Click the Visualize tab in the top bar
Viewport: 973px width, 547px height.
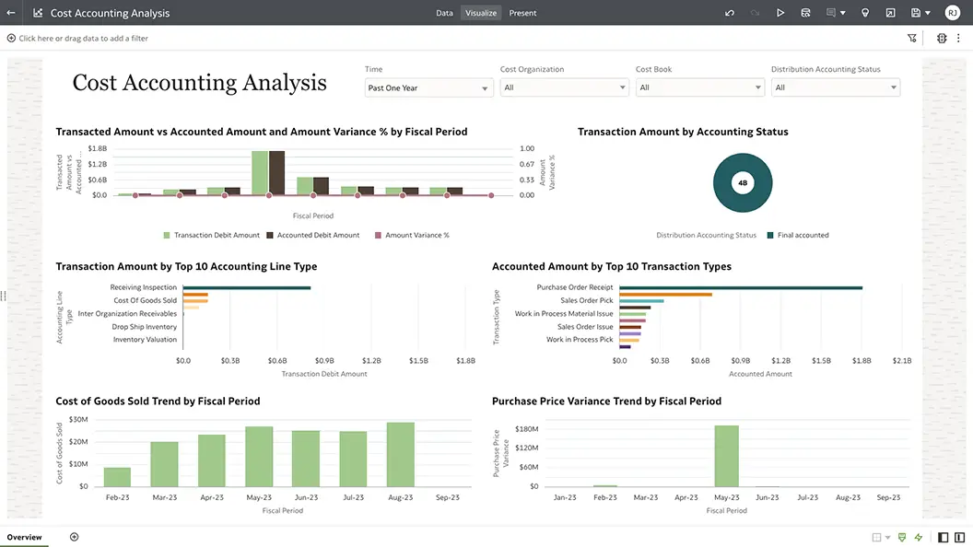pos(481,13)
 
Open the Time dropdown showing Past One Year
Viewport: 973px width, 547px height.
pos(428,87)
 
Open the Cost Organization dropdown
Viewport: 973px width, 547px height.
pos(564,87)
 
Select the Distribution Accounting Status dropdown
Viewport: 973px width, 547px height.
pos(835,87)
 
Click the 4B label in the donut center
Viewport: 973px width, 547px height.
pos(743,183)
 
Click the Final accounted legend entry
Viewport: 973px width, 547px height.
pos(803,235)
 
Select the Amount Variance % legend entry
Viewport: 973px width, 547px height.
pos(416,235)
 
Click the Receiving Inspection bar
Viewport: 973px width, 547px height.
pos(246,287)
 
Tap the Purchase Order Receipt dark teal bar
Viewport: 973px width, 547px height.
pos(741,287)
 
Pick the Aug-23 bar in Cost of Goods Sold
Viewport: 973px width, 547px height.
pos(401,454)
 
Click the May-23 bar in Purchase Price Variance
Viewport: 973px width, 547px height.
pos(726,456)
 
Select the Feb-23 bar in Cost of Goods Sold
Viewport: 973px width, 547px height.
pos(117,477)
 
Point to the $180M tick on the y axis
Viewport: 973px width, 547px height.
pos(526,429)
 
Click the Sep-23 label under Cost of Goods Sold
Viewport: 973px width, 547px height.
pos(448,497)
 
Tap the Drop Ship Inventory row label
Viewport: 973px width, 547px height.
pos(145,327)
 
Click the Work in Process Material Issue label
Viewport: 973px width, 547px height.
pos(563,314)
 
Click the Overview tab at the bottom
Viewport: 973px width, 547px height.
pos(25,537)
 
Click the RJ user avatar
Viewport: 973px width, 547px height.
pos(952,13)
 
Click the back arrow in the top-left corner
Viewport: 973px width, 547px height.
pos(11,13)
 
